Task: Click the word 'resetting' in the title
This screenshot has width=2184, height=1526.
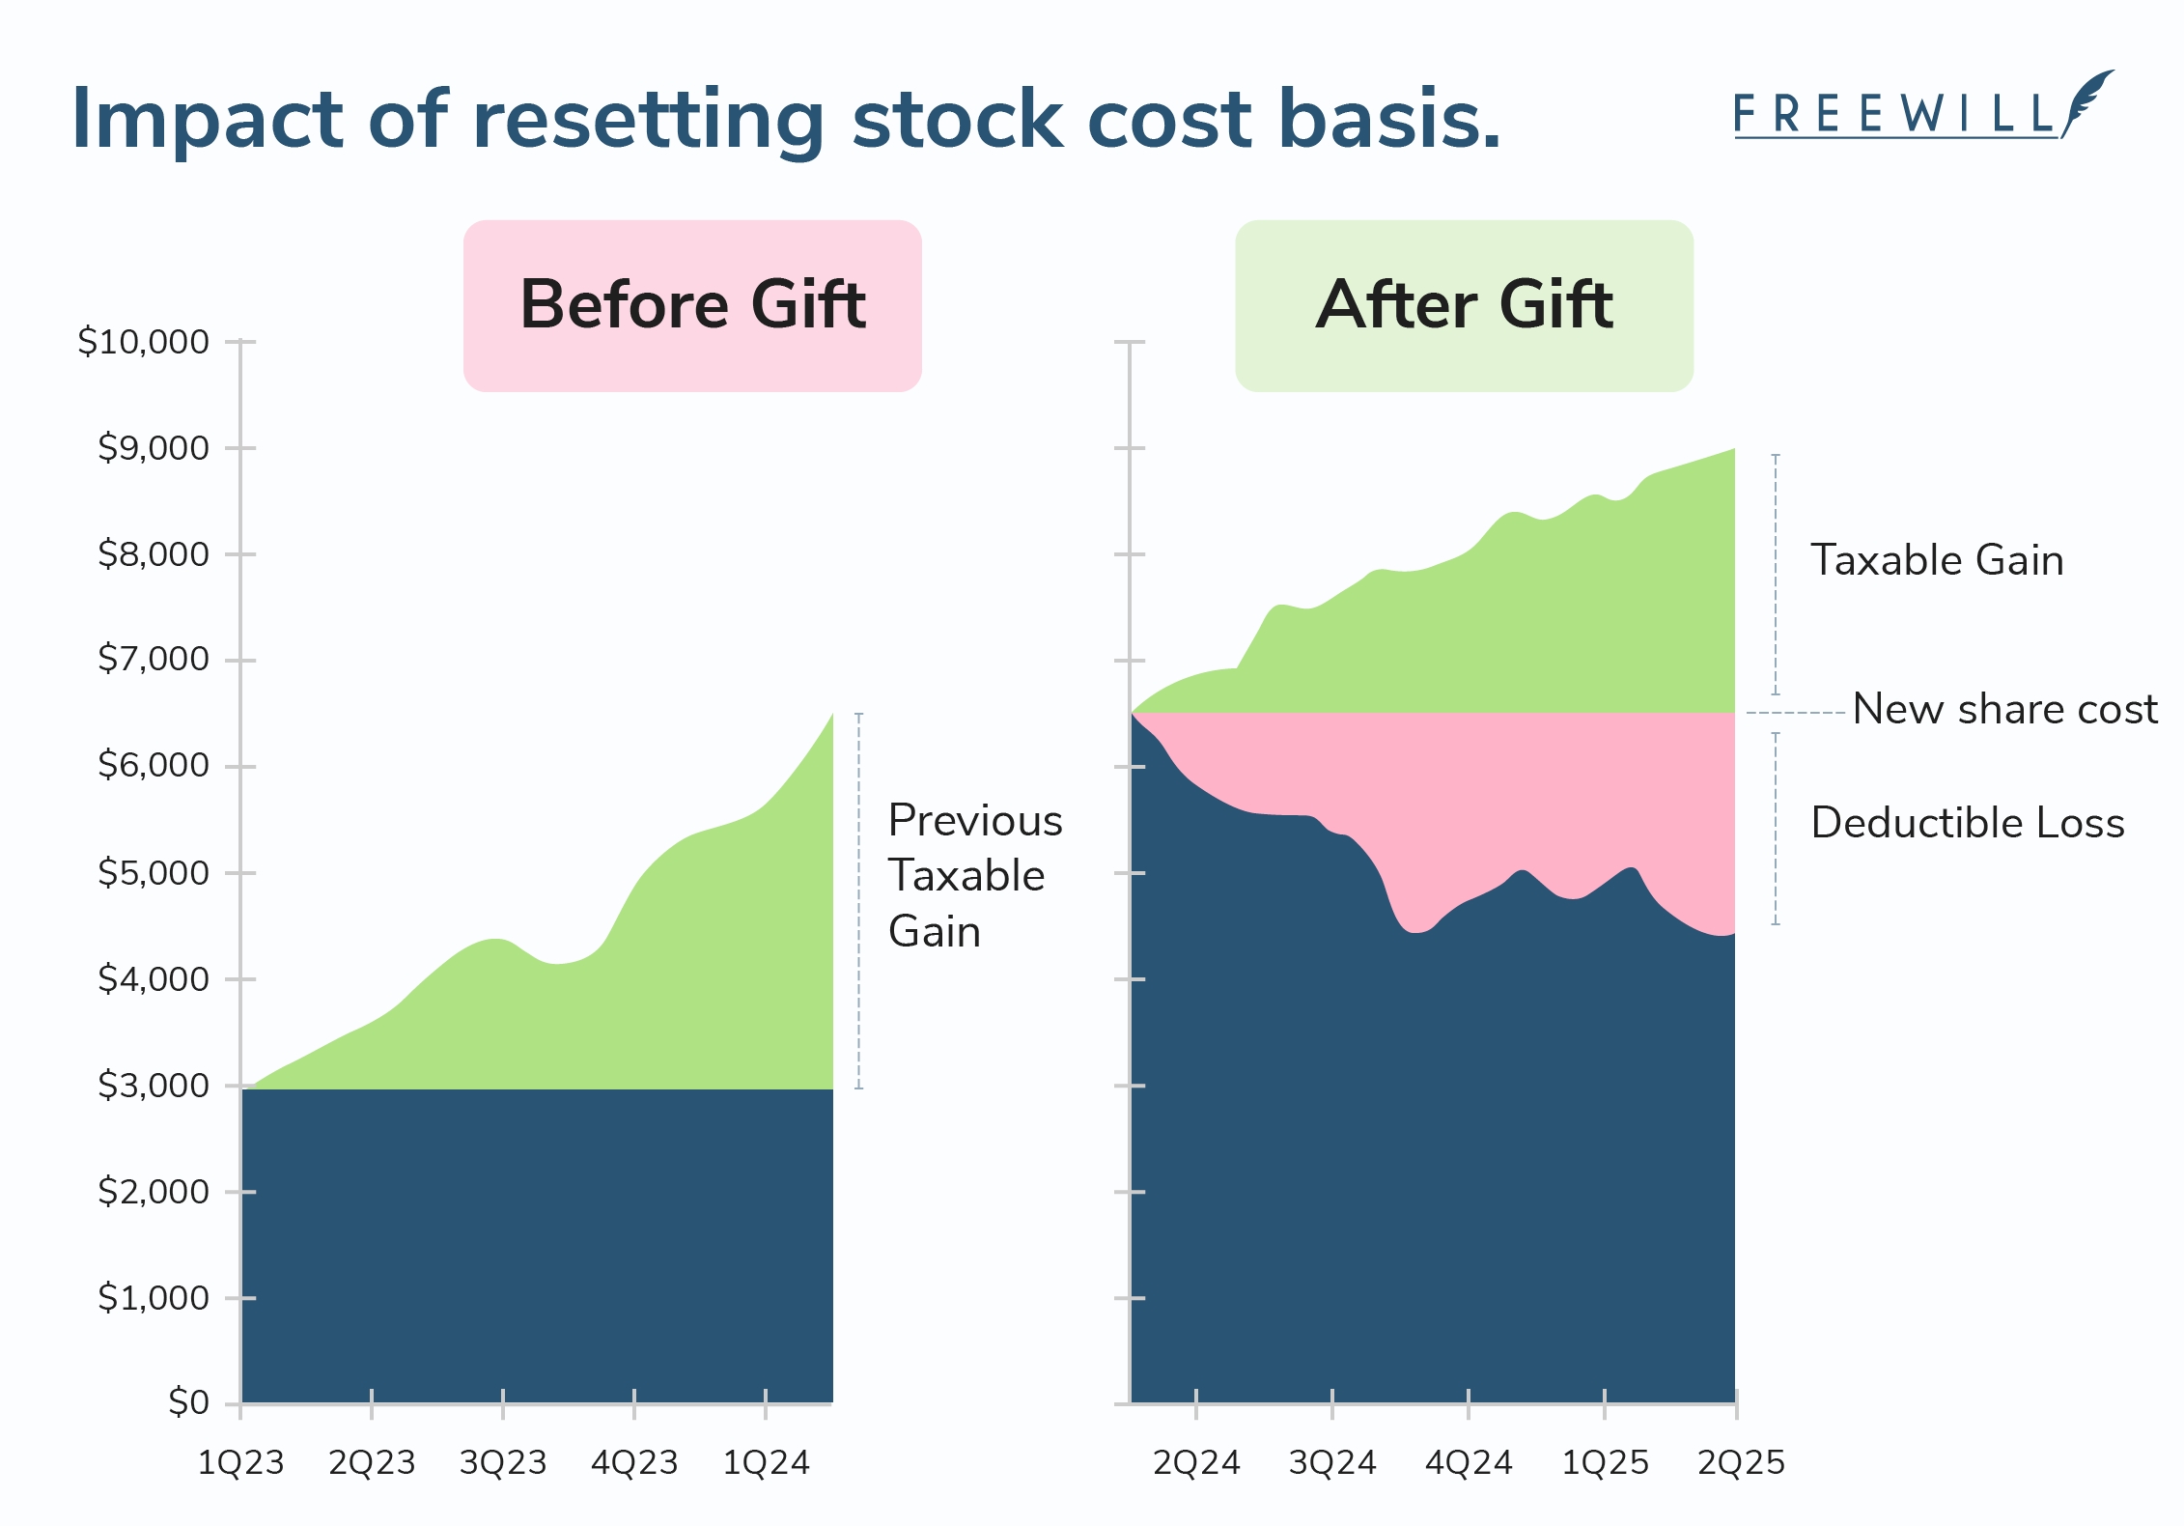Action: (647, 120)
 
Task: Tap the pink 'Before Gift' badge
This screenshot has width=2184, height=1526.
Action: (692, 305)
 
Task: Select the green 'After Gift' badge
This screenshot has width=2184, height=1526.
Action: (1464, 305)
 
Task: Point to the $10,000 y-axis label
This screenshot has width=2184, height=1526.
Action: (143, 342)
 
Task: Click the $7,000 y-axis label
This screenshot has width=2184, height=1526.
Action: (153, 659)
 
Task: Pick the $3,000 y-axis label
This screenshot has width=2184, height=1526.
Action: (153, 1086)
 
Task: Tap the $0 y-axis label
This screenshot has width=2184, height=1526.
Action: (188, 1402)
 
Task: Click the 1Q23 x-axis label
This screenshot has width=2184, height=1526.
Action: (240, 1463)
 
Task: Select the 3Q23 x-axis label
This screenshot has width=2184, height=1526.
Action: (503, 1463)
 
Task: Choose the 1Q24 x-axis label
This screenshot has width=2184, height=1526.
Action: (766, 1463)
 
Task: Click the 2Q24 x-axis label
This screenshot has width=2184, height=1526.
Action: (1196, 1463)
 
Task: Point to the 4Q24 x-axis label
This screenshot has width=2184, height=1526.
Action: (1469, 1463)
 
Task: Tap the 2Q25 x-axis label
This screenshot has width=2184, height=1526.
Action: (1741, 1463)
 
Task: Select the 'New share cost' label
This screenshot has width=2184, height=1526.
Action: (2004, 710)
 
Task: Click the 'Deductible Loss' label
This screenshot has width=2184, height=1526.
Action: (1968, 823)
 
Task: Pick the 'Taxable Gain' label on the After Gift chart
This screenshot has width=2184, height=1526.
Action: (1937, 560)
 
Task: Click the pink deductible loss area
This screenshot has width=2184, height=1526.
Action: (1545, 792)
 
